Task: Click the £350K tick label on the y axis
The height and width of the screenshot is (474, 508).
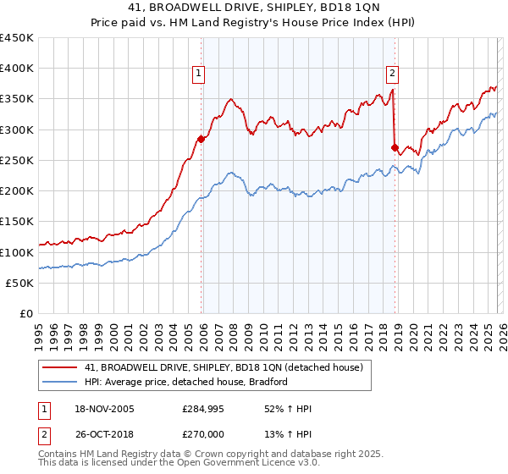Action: pos(17,99)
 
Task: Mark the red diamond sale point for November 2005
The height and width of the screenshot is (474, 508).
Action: pos(201,139)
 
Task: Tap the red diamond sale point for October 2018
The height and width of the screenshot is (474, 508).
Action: pos(395,147)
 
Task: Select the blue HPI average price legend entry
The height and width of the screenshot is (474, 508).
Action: pos(186,382)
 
